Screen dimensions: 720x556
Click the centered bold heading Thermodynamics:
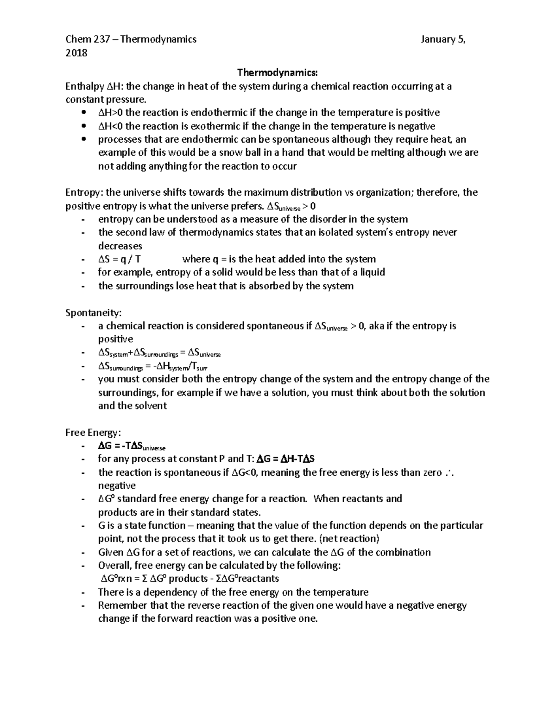pyautogui.click(x=278, y=72)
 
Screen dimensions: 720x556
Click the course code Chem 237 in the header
pyautogui.click(x=88, y=39)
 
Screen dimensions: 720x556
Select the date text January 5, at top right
pyautogui.click(x=443, y=39)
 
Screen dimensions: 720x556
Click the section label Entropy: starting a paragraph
pyautogui.click(x=84, y=192)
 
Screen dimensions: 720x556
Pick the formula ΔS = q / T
pyautogui.click(x=119, y=259)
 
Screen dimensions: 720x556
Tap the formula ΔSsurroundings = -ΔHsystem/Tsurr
pyautogui.click(x=153, y=367)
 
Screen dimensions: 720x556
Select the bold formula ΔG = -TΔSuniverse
pyautogui.click(x=132, y=446)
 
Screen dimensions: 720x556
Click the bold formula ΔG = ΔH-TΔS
pyautogui.click(x=286, y=459)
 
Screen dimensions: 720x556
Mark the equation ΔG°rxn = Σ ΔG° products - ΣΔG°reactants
pyautogui.click(x=190, y=579)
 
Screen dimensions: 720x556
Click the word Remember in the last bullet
pyautogui.click(x=119, y=605)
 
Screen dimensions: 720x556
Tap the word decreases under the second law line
pyautogui.click(x=120, y=246)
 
